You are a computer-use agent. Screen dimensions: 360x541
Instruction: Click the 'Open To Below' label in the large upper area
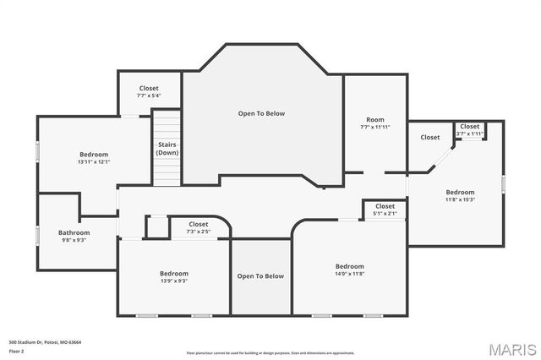[260, 113]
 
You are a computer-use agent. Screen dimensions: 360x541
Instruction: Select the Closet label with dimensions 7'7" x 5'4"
[149, 88]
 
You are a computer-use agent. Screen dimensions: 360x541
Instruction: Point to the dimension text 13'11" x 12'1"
[94, 161]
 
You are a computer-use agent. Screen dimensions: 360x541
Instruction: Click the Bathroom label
[74, 232]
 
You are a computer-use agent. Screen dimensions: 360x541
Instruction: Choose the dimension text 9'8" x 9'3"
[74, 240]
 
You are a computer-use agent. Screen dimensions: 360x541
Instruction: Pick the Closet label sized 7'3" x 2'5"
[198, 225]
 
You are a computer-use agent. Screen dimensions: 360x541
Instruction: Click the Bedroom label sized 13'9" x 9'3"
[174, 273]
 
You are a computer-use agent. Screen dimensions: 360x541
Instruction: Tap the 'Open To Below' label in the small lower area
[260, 276]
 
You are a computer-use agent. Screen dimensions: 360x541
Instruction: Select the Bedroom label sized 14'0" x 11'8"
[349, 266]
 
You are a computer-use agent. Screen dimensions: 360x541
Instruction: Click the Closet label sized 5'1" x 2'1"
[385, 206]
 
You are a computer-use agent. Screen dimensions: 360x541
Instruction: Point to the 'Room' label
[374, 119]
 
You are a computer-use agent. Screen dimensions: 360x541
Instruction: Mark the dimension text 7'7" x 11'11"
[374, 127]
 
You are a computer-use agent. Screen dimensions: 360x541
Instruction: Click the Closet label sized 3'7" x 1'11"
[470, 126]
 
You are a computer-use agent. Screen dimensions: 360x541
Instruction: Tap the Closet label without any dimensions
[430, 137]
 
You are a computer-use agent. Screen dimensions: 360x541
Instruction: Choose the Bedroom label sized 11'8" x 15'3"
[460, 192]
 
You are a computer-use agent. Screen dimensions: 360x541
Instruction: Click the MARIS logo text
[511, 349]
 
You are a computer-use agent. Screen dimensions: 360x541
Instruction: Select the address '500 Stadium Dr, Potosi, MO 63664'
[45, 342]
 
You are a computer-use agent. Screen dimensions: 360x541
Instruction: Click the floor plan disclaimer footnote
[270, 352]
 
